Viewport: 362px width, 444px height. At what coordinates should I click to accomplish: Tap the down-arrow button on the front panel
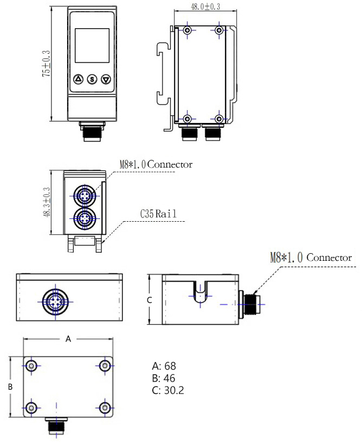click(x=105, y=80)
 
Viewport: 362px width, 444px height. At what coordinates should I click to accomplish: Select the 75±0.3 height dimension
click(x=46, y=64)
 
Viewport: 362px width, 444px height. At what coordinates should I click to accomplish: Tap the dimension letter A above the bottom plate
click(x=68, y=339)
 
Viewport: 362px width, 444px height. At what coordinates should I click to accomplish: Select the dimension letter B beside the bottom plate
click(x=10, y=387)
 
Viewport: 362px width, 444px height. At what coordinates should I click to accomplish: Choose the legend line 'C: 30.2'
click(x=168, y=390)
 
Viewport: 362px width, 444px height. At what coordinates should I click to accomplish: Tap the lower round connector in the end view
click(x=84, y=218)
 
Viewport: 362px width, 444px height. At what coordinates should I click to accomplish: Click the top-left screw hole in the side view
click(x=188, y=30)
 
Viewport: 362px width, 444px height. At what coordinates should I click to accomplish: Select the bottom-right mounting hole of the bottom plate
click(x=104, y=406)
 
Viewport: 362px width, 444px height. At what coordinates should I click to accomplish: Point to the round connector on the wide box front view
click(x=54, y=300)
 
